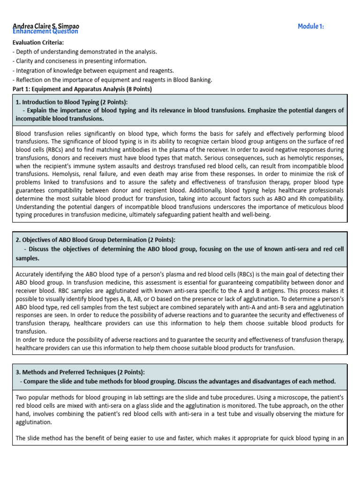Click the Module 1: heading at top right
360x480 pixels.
click(311, 26)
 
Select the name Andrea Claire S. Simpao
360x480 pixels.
click(45, 25)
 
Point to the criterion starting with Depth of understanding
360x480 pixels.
click(85, 52)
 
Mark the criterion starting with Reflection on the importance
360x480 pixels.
click(112, 80)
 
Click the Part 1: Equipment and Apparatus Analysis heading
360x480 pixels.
click(82, 89)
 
